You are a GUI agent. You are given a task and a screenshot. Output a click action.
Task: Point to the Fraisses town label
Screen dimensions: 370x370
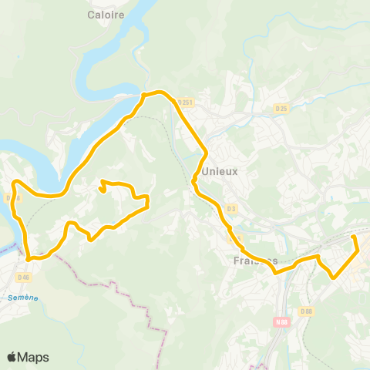[254, 261]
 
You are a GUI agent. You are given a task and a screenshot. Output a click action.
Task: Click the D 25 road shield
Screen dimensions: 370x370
[282, 109]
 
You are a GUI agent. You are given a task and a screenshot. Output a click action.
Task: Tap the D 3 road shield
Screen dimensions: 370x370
[231, 209]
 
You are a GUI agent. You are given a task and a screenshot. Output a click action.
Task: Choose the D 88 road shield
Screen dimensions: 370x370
[306, 311]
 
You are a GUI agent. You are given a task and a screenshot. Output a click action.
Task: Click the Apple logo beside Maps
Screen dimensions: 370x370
[12, 357]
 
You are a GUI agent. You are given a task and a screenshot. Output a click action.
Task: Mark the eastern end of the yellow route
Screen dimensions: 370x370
[354, 237]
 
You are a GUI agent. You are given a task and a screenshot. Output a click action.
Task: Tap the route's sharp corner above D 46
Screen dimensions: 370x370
[29, 259]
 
